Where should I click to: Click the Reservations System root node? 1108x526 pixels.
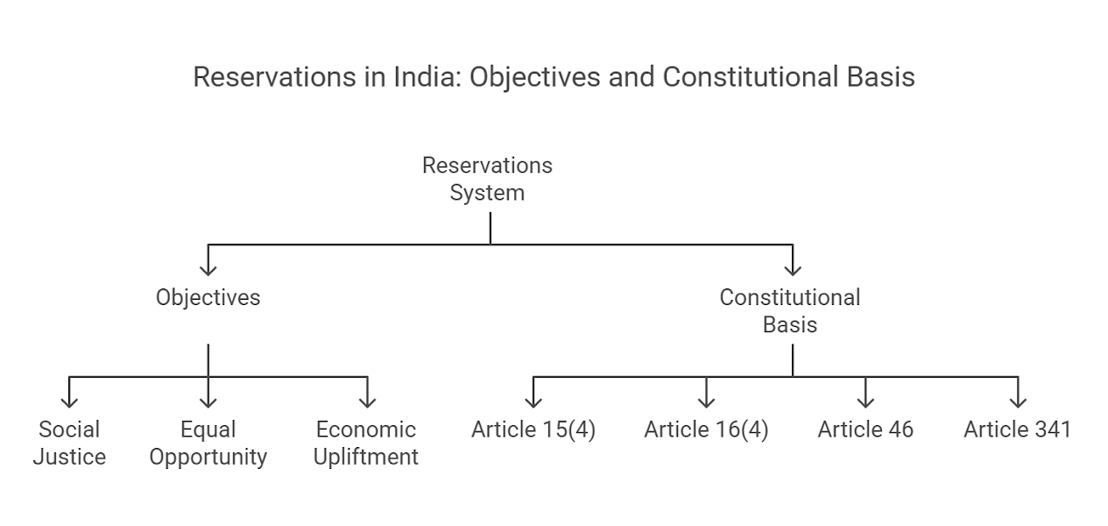[487, 179]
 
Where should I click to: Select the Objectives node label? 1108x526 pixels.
[208, 297]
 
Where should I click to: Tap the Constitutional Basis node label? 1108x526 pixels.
[790, 310]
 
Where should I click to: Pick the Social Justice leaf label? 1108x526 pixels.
[69, 443]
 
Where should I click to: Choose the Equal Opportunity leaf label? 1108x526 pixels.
[208, 443]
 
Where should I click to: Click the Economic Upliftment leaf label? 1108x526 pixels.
[366, 443]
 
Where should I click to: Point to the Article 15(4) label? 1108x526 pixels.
[533, 430]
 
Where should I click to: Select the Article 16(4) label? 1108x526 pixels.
[706, 430]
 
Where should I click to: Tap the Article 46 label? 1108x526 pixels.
[865, 430]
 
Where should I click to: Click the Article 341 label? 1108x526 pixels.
[1017, 430]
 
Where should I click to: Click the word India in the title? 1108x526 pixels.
[428, 77]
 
